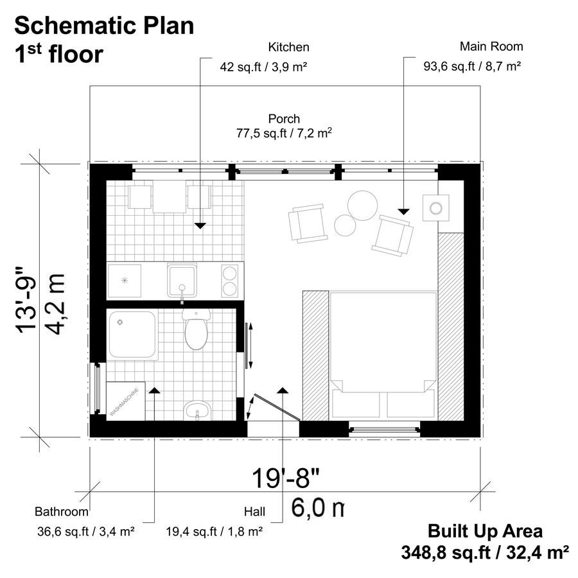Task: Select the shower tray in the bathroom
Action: click(x=132, y=335)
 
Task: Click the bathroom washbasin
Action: click(x=196, y=409)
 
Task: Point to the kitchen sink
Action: click(x=184, y=280)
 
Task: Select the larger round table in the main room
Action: click(x=362, y=204)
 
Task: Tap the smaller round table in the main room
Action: click(x=345, y=225)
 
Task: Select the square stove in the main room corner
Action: click(x=437, y=207)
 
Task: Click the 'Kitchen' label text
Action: click(x=288, y=47)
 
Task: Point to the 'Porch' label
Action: click(x=284, y=119)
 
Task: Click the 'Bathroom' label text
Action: click(x=61, y=512)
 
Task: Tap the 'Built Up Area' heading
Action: click(x=485, y=531)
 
